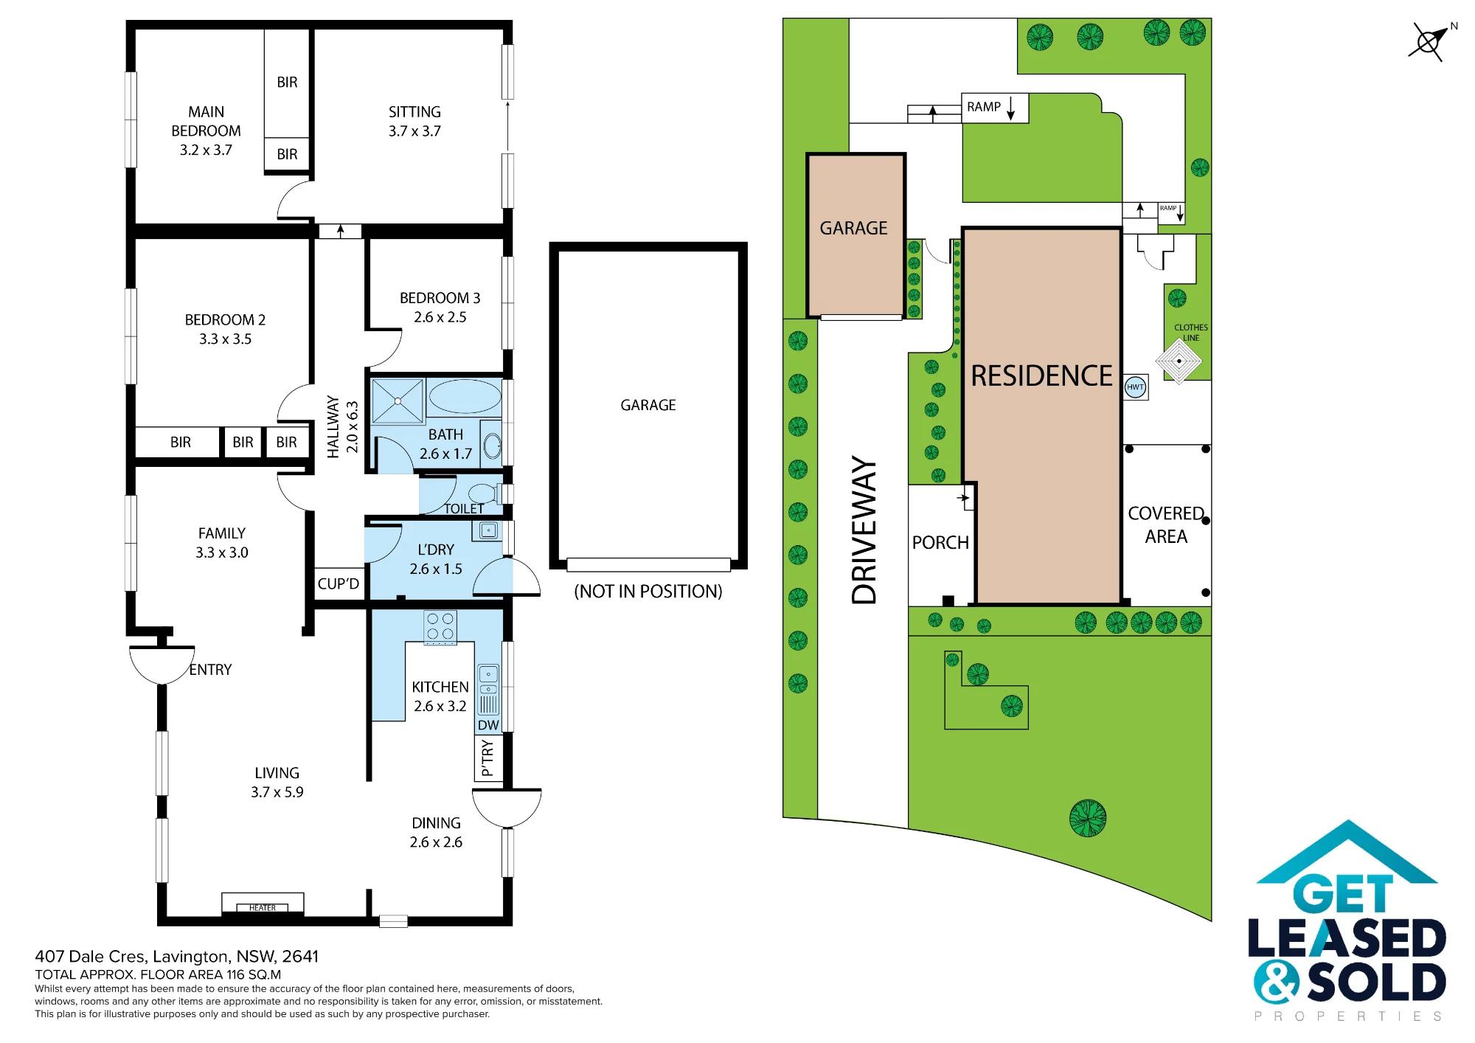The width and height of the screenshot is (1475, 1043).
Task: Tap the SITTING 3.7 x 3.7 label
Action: pos(414,121)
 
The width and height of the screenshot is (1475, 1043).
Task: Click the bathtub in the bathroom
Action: pos(465,396)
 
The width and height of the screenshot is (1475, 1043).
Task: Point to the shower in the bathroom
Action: pos(398,401)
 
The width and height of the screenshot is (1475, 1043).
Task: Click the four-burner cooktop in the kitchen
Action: pos(440,627)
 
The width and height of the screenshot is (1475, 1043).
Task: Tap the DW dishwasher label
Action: pos(488,725)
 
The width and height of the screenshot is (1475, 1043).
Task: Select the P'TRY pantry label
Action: pos(487,758)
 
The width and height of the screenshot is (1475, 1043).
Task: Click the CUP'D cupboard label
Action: pos(339,583)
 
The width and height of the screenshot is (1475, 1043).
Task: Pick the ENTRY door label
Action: pos(210,670)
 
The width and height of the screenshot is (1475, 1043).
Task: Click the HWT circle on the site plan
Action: pos(1135,387)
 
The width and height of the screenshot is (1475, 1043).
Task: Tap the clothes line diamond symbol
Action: pos(1179,361)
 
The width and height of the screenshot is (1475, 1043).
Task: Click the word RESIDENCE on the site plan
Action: pos(1041,376)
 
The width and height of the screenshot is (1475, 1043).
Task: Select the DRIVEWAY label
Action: pos(864,530)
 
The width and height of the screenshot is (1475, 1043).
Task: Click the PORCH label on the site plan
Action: pos(940,543)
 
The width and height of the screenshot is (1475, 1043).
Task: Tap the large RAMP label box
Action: pos(994,108)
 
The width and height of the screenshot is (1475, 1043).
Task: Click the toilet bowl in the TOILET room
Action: pos(483,493)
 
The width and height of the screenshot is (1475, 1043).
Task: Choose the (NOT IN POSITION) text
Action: pos(648,592)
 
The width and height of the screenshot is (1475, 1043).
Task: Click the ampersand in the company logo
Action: pos(1276,982)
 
